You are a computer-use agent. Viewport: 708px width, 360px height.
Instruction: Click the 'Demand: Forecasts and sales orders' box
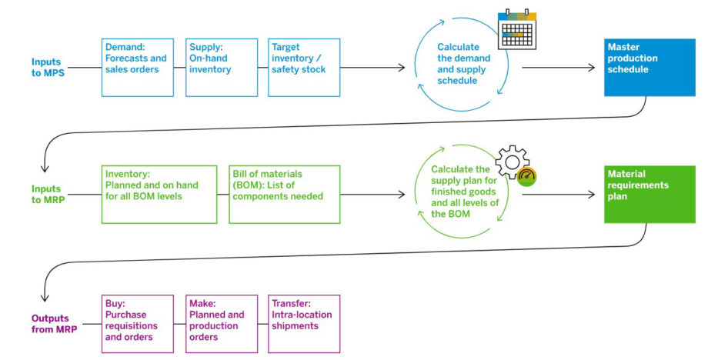point(138,68)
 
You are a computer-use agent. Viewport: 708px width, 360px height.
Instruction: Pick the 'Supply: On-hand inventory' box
point(221,68)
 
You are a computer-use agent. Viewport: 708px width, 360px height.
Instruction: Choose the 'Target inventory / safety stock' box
point(303,68)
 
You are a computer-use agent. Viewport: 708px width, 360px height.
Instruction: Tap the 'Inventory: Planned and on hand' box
point(159,194)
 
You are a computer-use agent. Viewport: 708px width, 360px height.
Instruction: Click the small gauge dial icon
point(527,176)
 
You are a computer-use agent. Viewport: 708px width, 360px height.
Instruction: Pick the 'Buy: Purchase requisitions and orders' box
point(138,324)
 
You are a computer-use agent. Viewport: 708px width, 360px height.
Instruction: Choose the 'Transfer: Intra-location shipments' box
point(303,324)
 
